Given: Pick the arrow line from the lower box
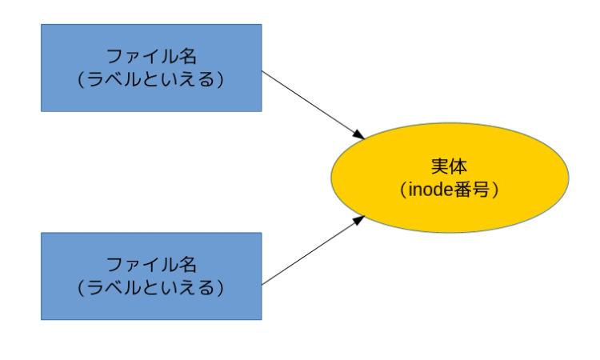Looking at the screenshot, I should tap(308, 252).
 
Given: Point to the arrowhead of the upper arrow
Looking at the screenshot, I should tap(360, 134).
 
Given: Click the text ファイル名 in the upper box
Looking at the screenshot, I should tap(151, 58).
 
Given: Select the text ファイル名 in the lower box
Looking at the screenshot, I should tap(151, 265).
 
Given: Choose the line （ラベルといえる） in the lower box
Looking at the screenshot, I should tap(151, 286).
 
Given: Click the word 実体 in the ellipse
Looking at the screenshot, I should tap(449, 166).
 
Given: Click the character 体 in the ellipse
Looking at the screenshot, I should tap(458, 166).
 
